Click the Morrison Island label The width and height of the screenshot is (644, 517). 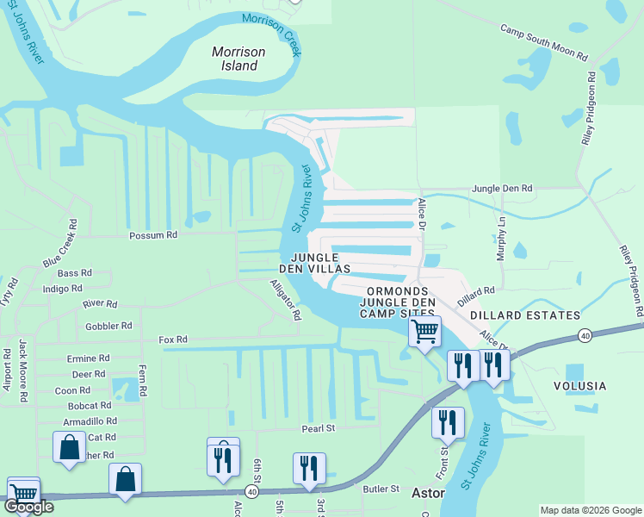238,59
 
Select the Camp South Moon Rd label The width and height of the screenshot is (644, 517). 544,42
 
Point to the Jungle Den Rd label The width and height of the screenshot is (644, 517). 502,188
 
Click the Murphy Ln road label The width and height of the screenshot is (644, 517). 500,233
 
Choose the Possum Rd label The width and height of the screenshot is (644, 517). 152,234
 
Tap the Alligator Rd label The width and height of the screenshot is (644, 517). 285,299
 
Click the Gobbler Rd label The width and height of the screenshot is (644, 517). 108,327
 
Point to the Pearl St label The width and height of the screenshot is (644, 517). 317,428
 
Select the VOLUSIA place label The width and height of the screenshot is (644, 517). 580,386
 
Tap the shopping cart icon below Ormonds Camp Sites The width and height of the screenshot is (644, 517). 424,331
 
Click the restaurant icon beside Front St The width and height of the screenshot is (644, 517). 448,422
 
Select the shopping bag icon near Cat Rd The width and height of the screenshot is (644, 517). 69,448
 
